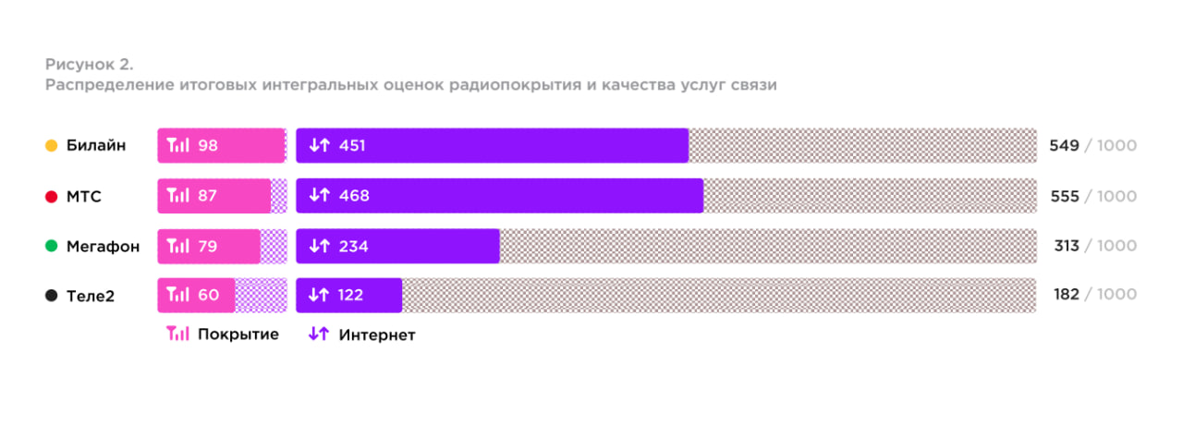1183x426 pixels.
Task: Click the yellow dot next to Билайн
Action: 52,146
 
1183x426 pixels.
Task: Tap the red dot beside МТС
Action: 52,196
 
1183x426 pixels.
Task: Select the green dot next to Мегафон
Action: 52,246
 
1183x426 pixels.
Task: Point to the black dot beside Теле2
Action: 52,296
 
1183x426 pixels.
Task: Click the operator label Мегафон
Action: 103,246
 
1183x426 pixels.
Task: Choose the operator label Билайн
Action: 96,146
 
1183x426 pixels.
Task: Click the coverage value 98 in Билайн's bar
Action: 208,146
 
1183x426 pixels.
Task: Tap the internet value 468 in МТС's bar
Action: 354,196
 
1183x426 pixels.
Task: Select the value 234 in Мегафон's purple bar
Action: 354,246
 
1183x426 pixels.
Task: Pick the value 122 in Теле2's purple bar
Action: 351,296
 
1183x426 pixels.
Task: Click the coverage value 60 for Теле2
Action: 208,296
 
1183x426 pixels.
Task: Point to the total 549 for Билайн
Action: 1064,146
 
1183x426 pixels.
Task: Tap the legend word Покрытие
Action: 238,335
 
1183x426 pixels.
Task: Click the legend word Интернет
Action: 377,335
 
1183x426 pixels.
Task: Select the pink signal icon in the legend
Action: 177,335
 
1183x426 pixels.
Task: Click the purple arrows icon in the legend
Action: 319,335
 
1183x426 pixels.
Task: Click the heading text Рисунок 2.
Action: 90,65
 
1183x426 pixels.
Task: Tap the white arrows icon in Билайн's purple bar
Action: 319,146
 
